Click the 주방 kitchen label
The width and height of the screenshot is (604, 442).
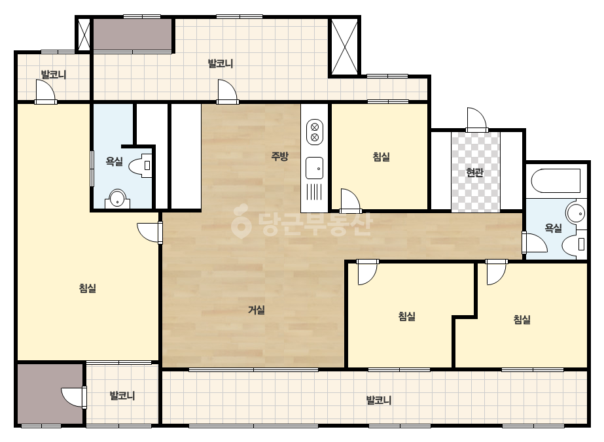click(279, 156)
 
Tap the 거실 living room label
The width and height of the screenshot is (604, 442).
click(257, 309)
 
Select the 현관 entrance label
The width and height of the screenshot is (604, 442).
click(474, 172)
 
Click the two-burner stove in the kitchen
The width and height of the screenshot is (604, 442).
click(314, 132)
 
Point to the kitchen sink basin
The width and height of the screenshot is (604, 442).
click(314, 168)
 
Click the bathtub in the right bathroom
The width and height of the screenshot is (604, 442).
click(556, 180)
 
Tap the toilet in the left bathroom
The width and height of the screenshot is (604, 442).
click(141, 166)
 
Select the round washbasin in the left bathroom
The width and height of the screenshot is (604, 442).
click(118, 199)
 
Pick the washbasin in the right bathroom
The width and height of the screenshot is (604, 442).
click(576, 213)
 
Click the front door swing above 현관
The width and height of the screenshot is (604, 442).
click(477, 120)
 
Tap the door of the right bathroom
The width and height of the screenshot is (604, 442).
click(535, 243)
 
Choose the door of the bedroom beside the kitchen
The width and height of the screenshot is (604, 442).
click(350, 201)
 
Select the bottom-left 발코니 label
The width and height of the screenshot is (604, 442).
click(122, 396)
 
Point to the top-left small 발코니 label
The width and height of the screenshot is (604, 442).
click(54, 75)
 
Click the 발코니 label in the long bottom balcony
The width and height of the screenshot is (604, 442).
click(379, 400)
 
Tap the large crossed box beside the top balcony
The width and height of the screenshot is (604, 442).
click(344, 46)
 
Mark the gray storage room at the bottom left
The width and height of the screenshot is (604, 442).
click(50, 394)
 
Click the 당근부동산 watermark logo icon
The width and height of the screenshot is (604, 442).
click(241, 222)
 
